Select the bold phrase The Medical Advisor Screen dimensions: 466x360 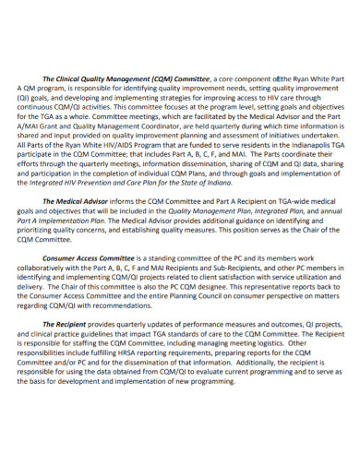(77, 200)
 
